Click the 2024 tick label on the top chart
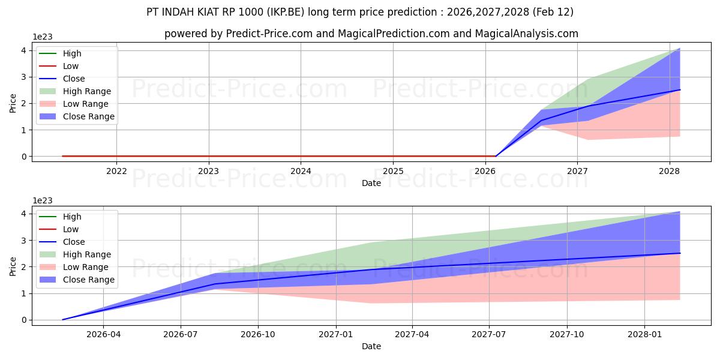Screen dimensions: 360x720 [301, 171]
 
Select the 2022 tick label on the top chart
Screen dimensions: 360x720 [116, 171]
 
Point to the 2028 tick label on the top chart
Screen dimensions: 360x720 [670, 171]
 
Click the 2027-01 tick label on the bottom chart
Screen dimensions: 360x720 [336, 334]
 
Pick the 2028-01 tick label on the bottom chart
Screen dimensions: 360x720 [644, 334]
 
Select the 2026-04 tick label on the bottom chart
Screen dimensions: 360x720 [104, 334]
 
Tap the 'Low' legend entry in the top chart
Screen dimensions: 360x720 [71, 66]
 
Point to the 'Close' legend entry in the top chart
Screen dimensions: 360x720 [74, 79]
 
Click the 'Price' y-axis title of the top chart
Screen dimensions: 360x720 [13, 103]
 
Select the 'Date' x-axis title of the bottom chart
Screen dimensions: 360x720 [371, 346]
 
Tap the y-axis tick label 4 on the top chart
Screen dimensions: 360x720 [23, 50]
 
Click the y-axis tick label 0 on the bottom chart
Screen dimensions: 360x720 [23, 320]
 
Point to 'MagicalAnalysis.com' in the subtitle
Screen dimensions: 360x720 [526, 34]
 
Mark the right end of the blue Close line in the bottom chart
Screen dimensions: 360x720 [680, 253]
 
